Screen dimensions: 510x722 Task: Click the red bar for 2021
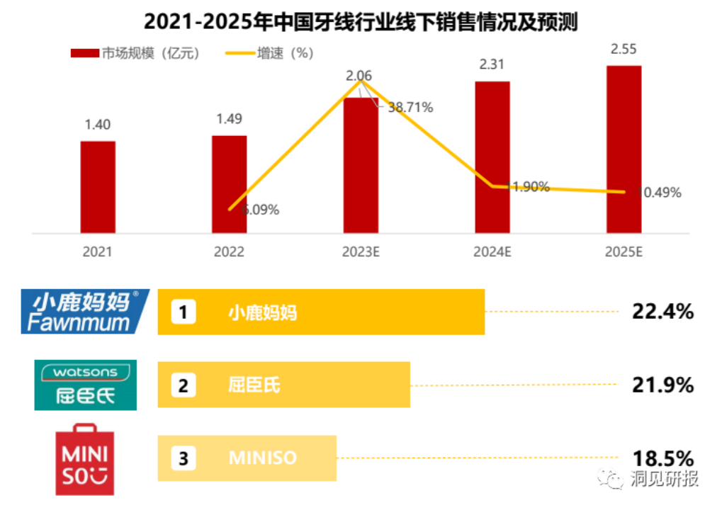[98, 187]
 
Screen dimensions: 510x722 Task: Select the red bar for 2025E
[624, 149]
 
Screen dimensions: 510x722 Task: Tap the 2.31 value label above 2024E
[492, 64]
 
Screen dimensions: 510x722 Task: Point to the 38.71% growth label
[409, 108]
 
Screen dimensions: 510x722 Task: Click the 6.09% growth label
[260, 210]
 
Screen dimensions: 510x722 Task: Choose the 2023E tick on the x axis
[361, 251]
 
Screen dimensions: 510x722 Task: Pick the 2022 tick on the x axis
[229, 251]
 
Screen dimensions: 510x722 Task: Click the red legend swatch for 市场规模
[84, 53]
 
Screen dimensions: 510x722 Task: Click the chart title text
[361, 22]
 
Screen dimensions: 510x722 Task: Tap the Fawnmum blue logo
[84, 311]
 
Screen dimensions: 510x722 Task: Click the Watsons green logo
[86, 385]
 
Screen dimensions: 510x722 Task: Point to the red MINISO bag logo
[85, 459]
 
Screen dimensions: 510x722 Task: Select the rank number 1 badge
[184, 312]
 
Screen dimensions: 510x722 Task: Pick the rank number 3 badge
[184, 459]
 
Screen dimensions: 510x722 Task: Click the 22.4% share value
[662, 311]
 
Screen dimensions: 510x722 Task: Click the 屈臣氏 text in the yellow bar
[254, 385]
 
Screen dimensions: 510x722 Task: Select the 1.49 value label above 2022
[229, 119]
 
